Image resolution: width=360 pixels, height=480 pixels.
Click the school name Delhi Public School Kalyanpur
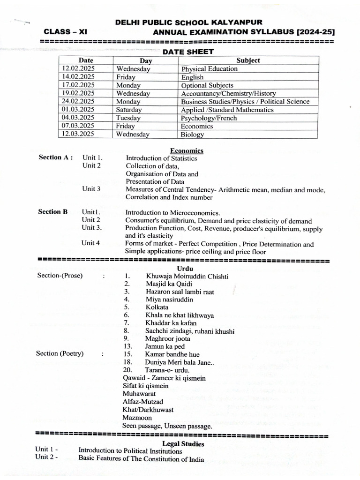point(189,22)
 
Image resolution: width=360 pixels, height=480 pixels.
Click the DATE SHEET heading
point(188,52)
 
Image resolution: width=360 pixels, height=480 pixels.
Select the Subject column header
point(248,60)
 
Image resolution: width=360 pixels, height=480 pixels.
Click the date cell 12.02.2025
point(78,68)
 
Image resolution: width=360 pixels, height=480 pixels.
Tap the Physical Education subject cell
point(209,69)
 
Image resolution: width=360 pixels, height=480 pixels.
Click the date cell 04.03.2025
point(78,118)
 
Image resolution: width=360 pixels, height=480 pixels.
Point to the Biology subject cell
point(193,135)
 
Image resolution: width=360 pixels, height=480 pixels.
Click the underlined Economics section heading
point(187,150)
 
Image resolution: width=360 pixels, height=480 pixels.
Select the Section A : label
point(55,157)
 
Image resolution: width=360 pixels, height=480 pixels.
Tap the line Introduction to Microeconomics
point(166,212)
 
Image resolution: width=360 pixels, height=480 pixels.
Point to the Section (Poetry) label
point(60,353)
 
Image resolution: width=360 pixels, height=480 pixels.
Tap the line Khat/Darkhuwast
point(148,409)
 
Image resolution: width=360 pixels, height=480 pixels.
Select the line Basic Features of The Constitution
point(141,459)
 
